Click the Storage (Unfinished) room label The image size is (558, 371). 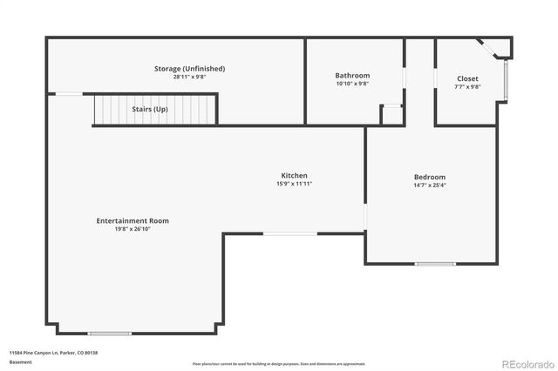point(189,69)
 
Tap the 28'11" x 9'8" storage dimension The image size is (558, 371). point(189,78)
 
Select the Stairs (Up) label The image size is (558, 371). point(150,110)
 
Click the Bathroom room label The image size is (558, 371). point(352,76)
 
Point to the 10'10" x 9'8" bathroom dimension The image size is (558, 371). point(352,84)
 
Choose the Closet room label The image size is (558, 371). point(467,78)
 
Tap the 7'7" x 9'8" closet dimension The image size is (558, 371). point(467,86)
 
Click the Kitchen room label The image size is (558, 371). point(294,175)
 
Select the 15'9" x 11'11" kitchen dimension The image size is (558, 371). point(294,184)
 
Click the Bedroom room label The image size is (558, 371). point(429,177)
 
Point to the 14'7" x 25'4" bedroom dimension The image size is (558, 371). point(429,185)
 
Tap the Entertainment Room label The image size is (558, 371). point(133,221)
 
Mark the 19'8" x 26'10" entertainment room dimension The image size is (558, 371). point(133,230)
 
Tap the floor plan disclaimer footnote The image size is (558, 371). point(278,363)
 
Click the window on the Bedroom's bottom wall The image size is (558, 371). point(434,263)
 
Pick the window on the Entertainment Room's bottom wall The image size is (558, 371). point(110,334)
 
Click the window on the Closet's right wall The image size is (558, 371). point(504,79)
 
